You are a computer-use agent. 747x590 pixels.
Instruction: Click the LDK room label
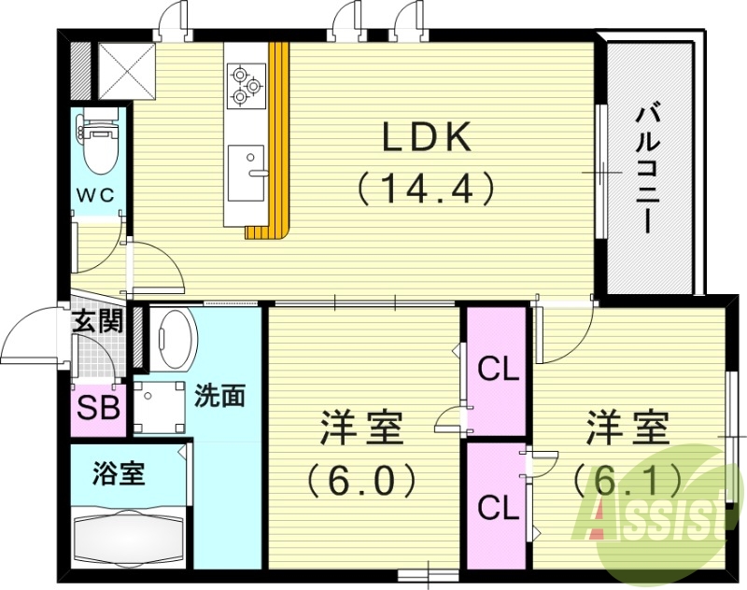pyautogui.click(x=425, y=138)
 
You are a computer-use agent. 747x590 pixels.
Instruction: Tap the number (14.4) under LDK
pyautogui.click(x=425, y=190)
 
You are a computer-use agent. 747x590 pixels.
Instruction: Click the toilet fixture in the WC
pyautogui.click(x=97, y=143)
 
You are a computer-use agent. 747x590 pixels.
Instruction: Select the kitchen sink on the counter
pyautogui.click(x=247, y=169)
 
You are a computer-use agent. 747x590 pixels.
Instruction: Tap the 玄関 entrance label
pyautogui.click(x=98, y=322)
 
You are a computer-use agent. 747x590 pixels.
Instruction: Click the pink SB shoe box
pyautogui.click(x=98, y=409)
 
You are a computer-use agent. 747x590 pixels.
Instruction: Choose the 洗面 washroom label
pyautogui.click(x=219, y=395)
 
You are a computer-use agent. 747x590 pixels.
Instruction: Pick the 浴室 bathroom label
pyautogui.click(x=119, y=473)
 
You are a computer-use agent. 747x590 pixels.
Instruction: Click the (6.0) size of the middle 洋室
pyautogui.click(x=362, y=481)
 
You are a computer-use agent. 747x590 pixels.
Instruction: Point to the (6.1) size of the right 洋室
pyautogui.click(x=627, y=481)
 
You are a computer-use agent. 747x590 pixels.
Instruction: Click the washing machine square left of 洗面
pyautogui.click(x=160, y=407)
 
